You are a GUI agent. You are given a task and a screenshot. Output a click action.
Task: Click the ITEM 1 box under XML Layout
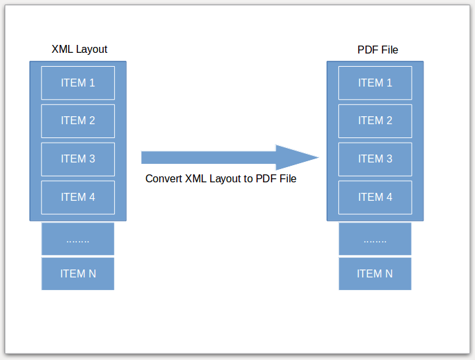pos(78,83)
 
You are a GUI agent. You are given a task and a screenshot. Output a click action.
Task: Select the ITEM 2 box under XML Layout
pos(78,121)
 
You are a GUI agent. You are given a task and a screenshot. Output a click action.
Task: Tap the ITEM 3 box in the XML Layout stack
pos(78,159)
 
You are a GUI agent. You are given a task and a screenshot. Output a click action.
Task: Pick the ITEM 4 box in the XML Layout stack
pos(78,198)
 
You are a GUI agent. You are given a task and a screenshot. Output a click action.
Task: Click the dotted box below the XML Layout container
pos(78,239)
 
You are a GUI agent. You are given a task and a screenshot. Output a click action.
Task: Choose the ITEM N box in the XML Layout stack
pos(78,274)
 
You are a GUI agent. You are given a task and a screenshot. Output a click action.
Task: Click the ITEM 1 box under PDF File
pos(375,83)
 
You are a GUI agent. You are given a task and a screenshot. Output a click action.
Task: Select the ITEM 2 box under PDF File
pos(375,121)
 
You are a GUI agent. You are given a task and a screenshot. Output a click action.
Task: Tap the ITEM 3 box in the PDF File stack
pos(375,159)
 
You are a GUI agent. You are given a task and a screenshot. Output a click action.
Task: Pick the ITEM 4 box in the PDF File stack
pos(375,198)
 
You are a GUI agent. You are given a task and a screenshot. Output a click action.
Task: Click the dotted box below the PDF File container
pos(375,239)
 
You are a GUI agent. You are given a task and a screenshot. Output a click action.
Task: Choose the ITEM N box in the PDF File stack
pos(375,274)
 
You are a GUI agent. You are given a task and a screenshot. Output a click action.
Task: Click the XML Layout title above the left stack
pos(79,50)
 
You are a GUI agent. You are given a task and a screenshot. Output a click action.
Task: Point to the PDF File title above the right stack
pos(378,50)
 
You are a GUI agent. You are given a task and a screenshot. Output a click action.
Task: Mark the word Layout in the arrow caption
pos(225,178)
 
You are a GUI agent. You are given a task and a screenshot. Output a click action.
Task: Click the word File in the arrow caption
pos(287,178)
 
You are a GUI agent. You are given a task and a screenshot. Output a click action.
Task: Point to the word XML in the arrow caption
pos(196,178)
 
